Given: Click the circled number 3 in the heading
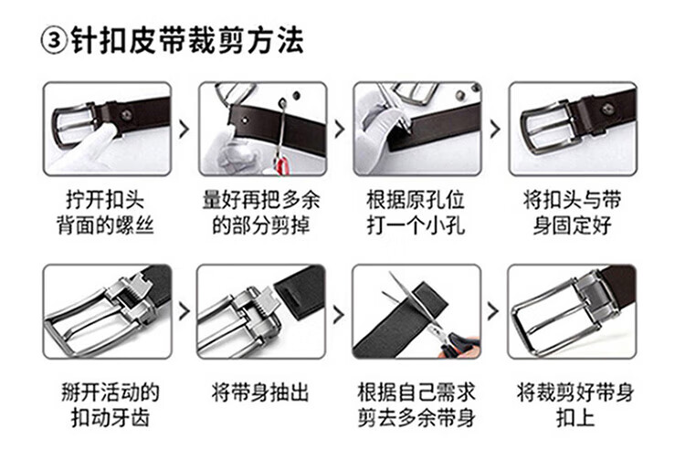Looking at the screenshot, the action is [x=54, y=40].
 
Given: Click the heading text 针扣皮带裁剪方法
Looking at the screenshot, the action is [x=187, y=40].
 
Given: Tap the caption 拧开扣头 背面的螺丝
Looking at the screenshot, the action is [x=105, y=213].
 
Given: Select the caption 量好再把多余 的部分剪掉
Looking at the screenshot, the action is [x=261, y=213].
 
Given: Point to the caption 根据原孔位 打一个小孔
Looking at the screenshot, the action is [x=416, y=213].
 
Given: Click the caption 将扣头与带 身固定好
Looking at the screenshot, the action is [x=573, y=213].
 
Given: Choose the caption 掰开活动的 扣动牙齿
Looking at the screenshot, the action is [x=111, y=404].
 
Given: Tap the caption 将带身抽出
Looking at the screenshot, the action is [x=260, y=392].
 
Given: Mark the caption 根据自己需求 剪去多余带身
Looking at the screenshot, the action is [x=416, y=404].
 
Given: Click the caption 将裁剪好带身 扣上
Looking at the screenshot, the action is [x=575, y=404].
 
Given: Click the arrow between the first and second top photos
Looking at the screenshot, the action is [x=184, y=129].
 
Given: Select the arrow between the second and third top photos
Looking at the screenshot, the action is [x=340, y=129].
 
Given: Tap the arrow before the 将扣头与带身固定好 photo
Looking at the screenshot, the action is [x=495, y=129].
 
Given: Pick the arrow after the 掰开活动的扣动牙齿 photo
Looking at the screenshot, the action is [x=184, y=311].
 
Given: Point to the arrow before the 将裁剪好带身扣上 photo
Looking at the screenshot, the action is [x=493, y=311].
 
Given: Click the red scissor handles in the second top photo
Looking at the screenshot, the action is [x=282, y=166].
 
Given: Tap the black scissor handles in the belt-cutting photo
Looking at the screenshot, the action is [x=459, y=345].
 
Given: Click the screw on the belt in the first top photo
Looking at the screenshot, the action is [x=126, y=115].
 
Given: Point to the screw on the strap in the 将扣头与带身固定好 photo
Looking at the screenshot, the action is [x=607, y=109].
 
